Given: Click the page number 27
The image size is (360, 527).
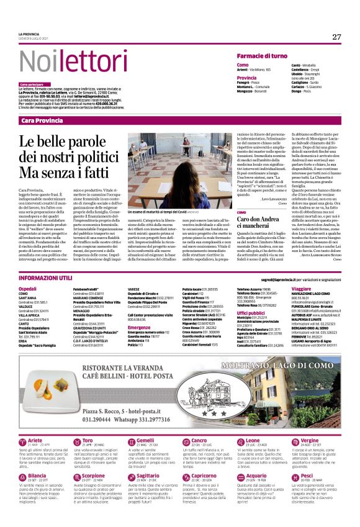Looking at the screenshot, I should click(x=336, y=37).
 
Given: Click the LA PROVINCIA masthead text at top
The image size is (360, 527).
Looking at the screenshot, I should click(x=29, y=35).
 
